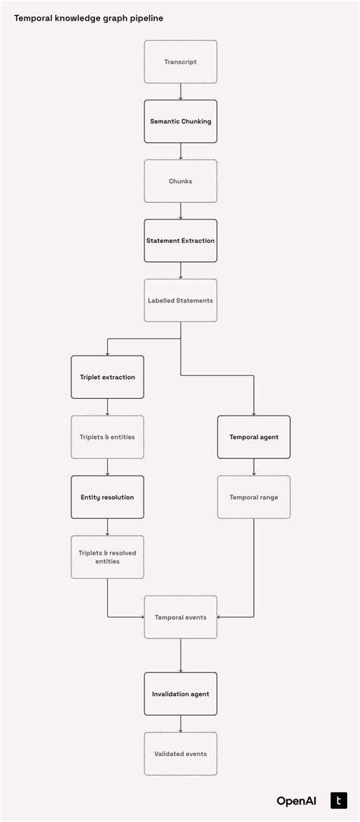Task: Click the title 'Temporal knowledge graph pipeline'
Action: click(88, 17)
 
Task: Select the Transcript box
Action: click(181, 62)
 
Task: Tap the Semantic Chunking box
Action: click(181, 122)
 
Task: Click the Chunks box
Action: click(181, 182)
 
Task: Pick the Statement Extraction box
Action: click(181, 241)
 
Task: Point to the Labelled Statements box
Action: click(181, 300)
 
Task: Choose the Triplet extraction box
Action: click(107, 377)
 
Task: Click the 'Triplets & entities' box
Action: click(107, 437)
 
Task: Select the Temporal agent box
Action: click(254, 437)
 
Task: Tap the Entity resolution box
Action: click(107, 497)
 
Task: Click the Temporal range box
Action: click(254, 497)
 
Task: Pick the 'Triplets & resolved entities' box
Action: click(107, 557)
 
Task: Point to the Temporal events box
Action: click(181, 617)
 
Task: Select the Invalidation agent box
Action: click(181, 694)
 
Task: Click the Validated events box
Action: click(181, 754)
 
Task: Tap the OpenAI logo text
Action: click(296, 801)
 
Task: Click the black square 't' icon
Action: click(338, 800)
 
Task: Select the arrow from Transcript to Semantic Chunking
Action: click(181, 92)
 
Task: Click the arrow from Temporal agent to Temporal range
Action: click(254, 467)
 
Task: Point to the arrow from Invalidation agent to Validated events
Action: click(181, 724)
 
